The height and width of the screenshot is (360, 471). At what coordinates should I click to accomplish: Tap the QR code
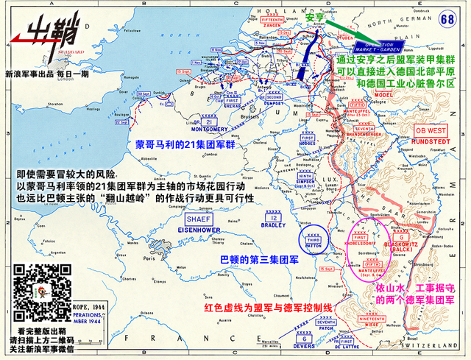(x=35, y=289)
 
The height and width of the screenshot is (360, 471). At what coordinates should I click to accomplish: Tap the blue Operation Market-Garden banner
(x=386, y=44)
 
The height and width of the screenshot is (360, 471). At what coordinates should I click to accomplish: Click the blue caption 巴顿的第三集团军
(x=255, y=260)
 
